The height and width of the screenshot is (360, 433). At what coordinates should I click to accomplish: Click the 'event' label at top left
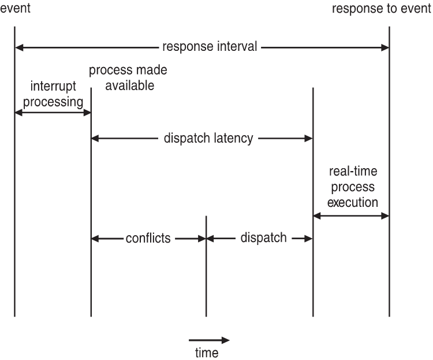click(x=15, y=9)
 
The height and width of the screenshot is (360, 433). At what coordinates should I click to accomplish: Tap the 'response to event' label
click(x=382, y=9)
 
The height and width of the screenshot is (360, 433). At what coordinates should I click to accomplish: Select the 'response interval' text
click(x=210, y=47)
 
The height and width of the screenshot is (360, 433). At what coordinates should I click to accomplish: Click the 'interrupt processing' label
click(x=54, y=95)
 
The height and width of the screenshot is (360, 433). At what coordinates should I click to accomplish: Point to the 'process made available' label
click(x=128, y=78)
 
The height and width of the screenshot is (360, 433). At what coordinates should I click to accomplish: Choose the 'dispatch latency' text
click(x=208, y=139)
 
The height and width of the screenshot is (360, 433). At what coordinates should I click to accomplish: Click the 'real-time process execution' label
click(x=352, y=187)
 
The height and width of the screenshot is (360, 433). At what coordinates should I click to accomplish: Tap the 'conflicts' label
click(x=149, y=239)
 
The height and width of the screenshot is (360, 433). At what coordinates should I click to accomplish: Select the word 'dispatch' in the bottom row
click(x=263, y=238)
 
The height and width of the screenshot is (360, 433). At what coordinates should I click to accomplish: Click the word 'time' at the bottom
click(x=206, y=352)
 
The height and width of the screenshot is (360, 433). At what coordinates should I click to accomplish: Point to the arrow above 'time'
click(x=209, y=340)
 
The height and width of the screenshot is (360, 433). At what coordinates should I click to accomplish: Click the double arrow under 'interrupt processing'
click(x=53, y=113)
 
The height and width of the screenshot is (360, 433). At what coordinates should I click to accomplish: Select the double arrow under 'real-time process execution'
click(x=352, y=216)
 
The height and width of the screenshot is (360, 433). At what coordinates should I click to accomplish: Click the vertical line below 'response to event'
click(x=389, y=173)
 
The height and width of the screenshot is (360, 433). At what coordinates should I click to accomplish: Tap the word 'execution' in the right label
click(x=353, y=203)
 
